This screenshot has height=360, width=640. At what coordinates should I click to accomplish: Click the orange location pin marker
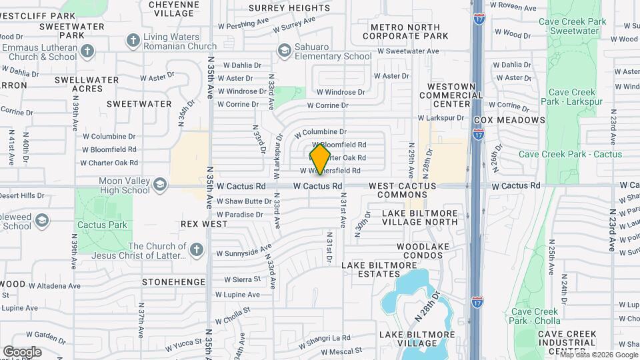(x=320, y=159)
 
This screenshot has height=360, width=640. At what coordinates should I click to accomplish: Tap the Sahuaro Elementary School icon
(x=285, y=51)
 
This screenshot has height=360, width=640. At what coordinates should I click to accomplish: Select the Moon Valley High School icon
(x=160, y=185)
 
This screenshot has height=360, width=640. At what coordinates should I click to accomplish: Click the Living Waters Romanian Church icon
(x=133, y=41)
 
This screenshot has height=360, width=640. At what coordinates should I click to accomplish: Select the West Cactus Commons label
(x=402, y=190)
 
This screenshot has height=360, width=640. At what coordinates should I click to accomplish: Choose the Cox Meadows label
(x=509, y=120)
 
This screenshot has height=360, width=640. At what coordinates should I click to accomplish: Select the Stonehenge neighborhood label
(x=173, y=282)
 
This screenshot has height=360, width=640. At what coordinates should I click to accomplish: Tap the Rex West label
(x=203, y=224)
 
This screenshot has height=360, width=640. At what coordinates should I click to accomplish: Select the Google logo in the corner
(x=22, y=351)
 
